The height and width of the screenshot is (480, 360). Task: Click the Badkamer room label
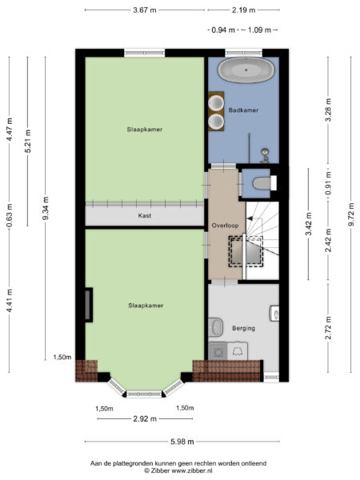(x=243, y=110)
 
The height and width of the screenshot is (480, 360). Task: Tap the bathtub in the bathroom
(x=246, y=70)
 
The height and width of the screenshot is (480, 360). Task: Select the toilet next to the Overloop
(x=265, y=183)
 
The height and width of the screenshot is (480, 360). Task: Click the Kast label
(x=145, y=215)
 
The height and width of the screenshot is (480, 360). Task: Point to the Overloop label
(x=225, y=226)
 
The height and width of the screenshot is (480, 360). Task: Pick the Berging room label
(x=243, y=328)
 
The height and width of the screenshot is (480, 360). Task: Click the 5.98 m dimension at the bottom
(x=182, y=442)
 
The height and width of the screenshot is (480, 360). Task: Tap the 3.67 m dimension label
(x=145, y=10)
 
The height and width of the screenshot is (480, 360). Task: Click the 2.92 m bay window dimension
(x=145, y=418)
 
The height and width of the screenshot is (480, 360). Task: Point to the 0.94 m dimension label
(x=223, y=30)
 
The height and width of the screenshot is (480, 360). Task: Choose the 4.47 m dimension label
(x=10, y=129)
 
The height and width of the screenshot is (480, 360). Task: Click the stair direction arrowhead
(x=250, y=218)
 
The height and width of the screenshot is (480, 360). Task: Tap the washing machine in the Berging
(x=218, y=351)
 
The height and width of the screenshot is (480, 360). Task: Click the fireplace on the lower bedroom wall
(x=89, y=305)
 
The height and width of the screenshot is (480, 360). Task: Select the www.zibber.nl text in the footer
(x=192, y=470)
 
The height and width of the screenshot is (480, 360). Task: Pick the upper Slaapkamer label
(x=145, y=130)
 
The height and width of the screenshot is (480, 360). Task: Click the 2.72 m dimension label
(x=329, y=327)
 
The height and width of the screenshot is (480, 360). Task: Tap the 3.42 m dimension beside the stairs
(x=308, y=224)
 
